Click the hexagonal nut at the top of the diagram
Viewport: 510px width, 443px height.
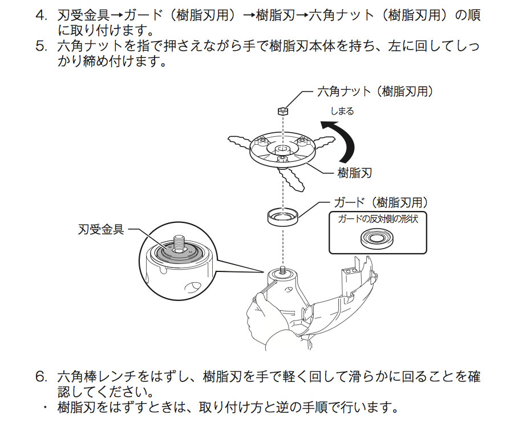(281, 110)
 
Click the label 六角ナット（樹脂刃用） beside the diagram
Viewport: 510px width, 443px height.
(374, 91)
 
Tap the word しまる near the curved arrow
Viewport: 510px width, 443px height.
(342, 111)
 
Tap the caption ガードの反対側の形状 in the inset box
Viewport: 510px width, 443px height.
(377, 220)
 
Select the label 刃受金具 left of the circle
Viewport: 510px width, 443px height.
(100, 230)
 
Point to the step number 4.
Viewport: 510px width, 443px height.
(41, 15)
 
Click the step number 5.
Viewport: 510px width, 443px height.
(41, 46)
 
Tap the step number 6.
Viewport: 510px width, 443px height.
(41, 377)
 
